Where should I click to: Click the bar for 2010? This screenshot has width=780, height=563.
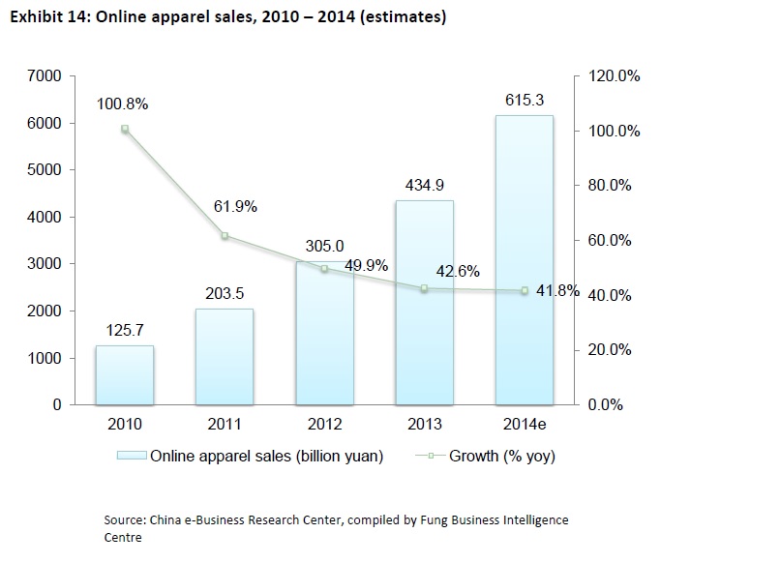coord(125,374)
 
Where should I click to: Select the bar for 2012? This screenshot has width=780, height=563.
coord(324,333)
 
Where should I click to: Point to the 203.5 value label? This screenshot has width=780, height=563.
coord(225,292)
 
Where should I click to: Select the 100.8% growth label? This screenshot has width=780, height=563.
coord(122,104)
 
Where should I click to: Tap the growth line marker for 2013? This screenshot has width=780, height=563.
coord(424,288)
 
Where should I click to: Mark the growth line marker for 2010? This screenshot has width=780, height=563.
coord(125,129)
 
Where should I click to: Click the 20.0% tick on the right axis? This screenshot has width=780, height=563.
coord(609,350)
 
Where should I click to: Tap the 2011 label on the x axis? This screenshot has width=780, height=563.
coord(225,425)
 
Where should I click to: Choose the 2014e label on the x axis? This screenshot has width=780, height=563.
coord(525,425)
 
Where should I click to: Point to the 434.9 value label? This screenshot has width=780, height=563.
coord(424,185)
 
